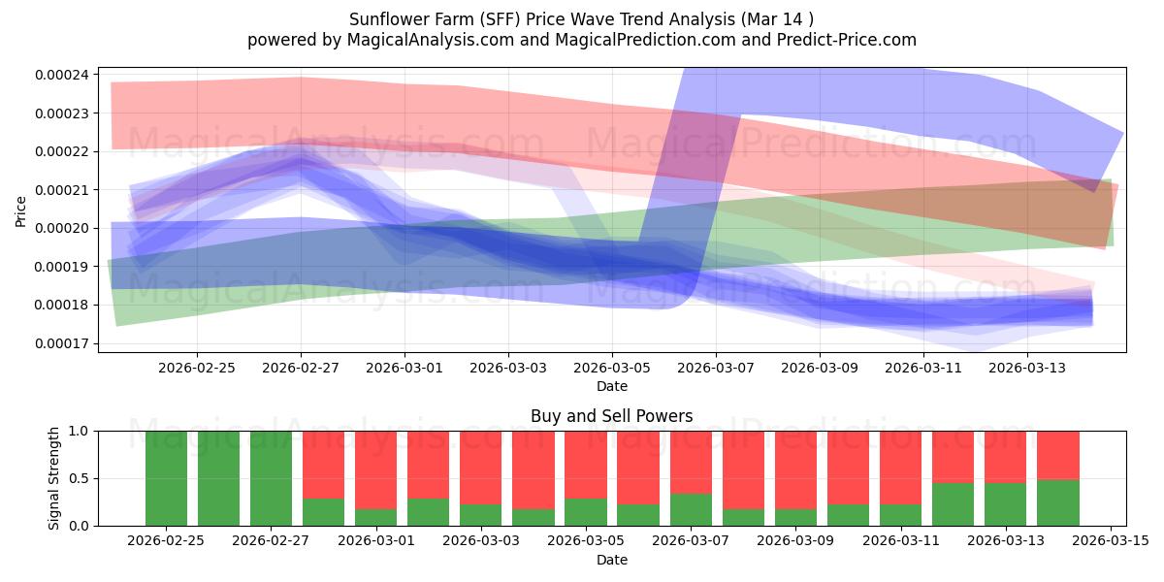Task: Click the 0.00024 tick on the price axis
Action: (x=62, y=75)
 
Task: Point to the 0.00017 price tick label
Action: (x=62, y=343)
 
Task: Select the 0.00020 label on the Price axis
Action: (x=62, y=228)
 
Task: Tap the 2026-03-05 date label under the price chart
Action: (x=612, y=368)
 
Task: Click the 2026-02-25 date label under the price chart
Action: (x=196, y=368)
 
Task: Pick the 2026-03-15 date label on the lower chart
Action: (x=1111, y=541)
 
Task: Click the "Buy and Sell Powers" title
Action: (x=612, y=416)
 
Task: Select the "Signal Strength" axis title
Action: (x=53, y=478)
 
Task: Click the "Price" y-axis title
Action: (x=20, y=211)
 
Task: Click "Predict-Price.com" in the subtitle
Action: (x=847, y=40)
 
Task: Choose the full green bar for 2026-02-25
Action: (x=166, y=478)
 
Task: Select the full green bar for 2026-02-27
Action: (x=271, y=478)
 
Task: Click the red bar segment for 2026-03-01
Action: (x=375, y=470)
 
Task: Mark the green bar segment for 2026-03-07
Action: (x=691, y=510)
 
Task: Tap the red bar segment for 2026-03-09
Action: (x=795, y=470)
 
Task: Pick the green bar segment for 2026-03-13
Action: (x=1005, y=504)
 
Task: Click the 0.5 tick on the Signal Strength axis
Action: (x=81, y=478)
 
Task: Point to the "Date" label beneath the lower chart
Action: (x=612, y=560)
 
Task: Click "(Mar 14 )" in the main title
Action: (x=777, y=19)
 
